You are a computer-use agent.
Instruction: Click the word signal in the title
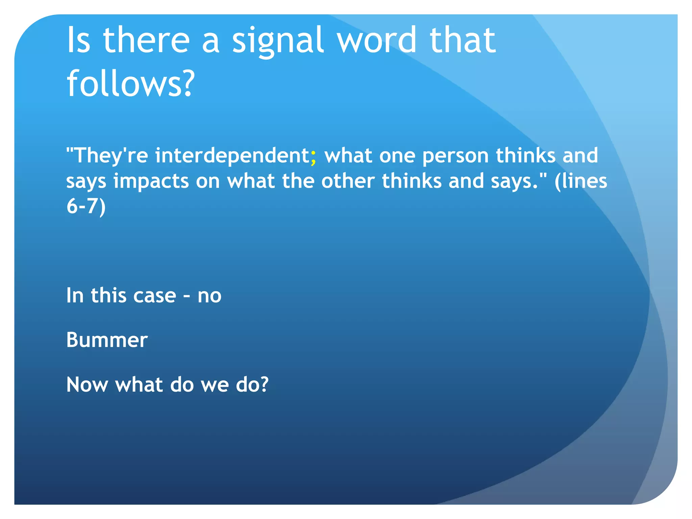click(x=278, y=41)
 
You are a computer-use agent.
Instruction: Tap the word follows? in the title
click(x=131, y=83)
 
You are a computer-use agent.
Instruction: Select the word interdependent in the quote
click(x=232, y=155)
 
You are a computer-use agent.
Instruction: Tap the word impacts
click(x=151, y=181)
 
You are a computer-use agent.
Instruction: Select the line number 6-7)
click(x=86, y=206)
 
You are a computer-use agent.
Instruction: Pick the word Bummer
click(x=107, y=340)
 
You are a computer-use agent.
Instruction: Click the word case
click(x=155, y=296)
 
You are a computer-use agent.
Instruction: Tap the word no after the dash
click(x=209, y=296)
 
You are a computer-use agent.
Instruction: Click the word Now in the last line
click(x=87, y=385)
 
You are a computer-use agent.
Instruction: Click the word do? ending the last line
click(x=252, y=385)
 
